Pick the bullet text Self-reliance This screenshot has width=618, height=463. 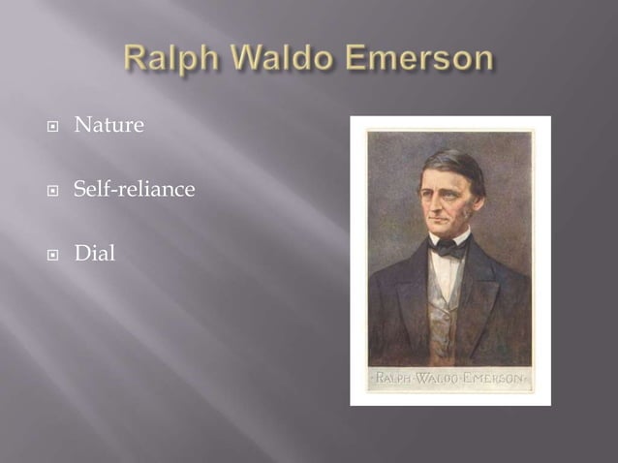[134, 189]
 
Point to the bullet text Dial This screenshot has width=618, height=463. [94, 253]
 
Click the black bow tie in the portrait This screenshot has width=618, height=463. [448, 247]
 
